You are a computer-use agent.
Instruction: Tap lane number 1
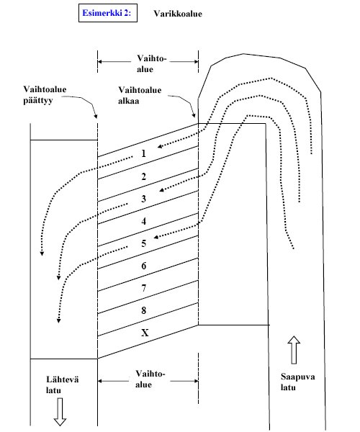[144, 153]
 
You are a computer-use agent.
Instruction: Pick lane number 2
[144, 176]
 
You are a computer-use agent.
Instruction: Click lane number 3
[144, 199]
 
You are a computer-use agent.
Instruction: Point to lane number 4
[144, 221]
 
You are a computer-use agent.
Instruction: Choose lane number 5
[144, 243]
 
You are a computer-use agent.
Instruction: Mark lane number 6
[144, 266]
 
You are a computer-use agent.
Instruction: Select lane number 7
[144, 289]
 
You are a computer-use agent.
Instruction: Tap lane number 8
[144, 311]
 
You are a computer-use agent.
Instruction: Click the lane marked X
[144, 333]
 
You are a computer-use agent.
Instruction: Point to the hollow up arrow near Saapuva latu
[293, 349]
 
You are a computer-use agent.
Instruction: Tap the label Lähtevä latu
[60, 384]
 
